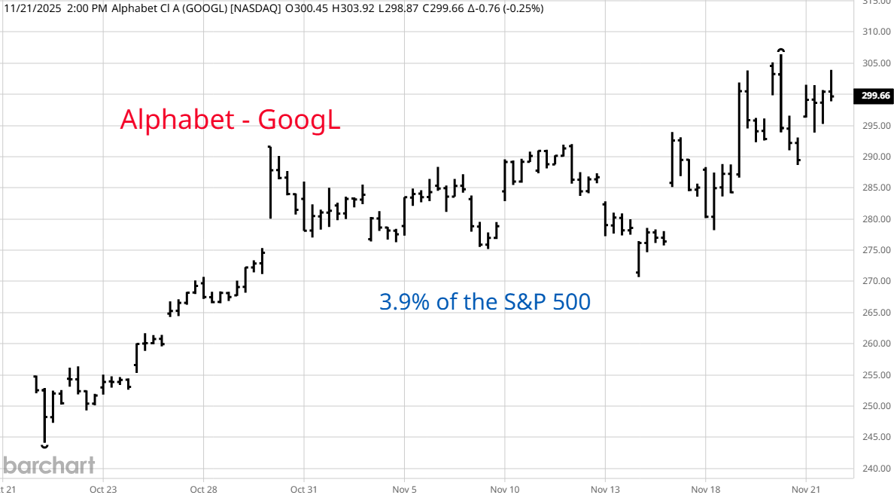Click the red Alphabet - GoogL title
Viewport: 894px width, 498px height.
pyautogui.click(x=230, y=120)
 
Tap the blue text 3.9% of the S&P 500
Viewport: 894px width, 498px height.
pyautogui.click(x=485, y=302)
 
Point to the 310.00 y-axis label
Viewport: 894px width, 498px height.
pyautogui.click(x=876, y=32)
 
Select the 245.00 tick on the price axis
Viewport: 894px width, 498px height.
pyautogui.click(x=876, y=438)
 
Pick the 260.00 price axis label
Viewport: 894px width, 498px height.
pyautogui.click(x=876, y=344)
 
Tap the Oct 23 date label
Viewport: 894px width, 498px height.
pyautogui.click(x=103, y=489)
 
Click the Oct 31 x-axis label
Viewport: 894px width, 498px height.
pyautogui.click(x=303, y=489)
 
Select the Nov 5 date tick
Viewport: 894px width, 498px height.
pyautogui.click(x=405, y=489)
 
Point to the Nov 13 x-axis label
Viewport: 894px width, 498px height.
pyautogui.click(x=605, y=489)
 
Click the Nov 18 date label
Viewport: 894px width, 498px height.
pyautogui.click(x=706, y=489)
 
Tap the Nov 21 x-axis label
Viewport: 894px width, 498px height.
pyautogui.click(x=806, y=489)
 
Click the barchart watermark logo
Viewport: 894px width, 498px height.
pyautogui.click(x=48, y=465)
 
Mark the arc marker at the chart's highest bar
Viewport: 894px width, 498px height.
pyautogui.click(x=782, y=50)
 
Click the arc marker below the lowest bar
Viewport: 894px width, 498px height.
pyautogui.click(x=44, y=447)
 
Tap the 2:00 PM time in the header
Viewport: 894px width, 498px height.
pyautogui.click(x=70, y=8)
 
